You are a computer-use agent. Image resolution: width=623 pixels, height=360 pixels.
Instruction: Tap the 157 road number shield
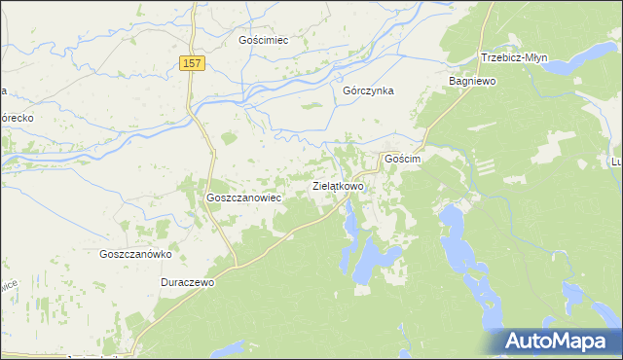tap(193, 63)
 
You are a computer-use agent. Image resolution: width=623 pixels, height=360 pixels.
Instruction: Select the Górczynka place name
tap(368, 90)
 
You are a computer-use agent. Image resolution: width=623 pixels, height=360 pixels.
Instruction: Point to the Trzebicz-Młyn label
tap(514, 57)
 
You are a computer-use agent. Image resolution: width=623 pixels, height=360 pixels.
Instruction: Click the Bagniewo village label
tap(472, 82)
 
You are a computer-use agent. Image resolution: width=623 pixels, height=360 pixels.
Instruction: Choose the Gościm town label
tap(402, 158)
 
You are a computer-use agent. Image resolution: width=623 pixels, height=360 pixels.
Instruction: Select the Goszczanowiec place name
tap(243, 197)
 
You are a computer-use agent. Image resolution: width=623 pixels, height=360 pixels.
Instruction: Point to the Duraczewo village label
tap(187, 282)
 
